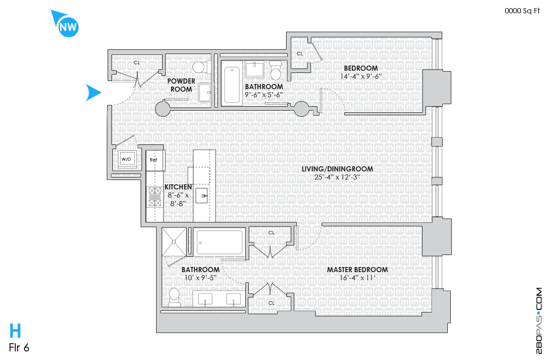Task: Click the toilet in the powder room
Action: pyautogui.click(x=202, y=67)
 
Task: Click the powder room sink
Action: pyautogui.click(x=205, y=92)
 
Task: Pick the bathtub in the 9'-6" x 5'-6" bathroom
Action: pyautogui.click(x=232, y=84)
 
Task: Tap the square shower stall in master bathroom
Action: pyautogui.click(x=174, y=242)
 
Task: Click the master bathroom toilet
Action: pyautogui.click(x=174, y=297)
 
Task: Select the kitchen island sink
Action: pyautogui.click(x=202, y=195)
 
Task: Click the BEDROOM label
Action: pyautogui.click(x=361, y=68)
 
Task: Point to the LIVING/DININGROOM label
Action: pyautogui.click(x=337, y=169)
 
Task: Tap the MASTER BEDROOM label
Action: pyautogui.click(x=357, y=270)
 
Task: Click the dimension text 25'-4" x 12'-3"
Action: pyautogui.click(x=337, y=177)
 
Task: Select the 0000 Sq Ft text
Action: pyautogui.click(x=522, y=11)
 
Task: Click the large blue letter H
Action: pyautogui.click(x=15, y=330)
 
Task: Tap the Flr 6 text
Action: pyautogui.click(x=19, y=348)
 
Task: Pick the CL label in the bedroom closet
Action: pyautogui.click(x=300, y=54)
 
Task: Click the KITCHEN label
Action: pyautogui.click(x=178, y=187)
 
